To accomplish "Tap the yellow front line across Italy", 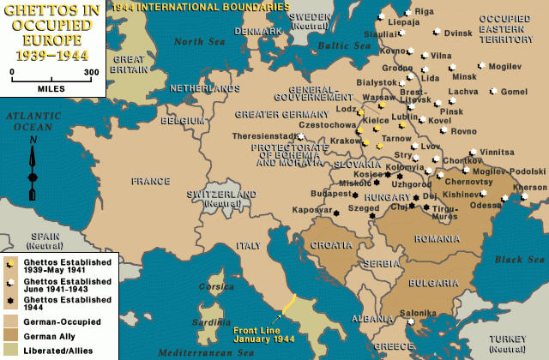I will click(290, 307).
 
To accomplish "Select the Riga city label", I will click(425, 11).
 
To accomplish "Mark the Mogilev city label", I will click(505, 66).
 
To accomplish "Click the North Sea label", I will click(196, 41).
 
